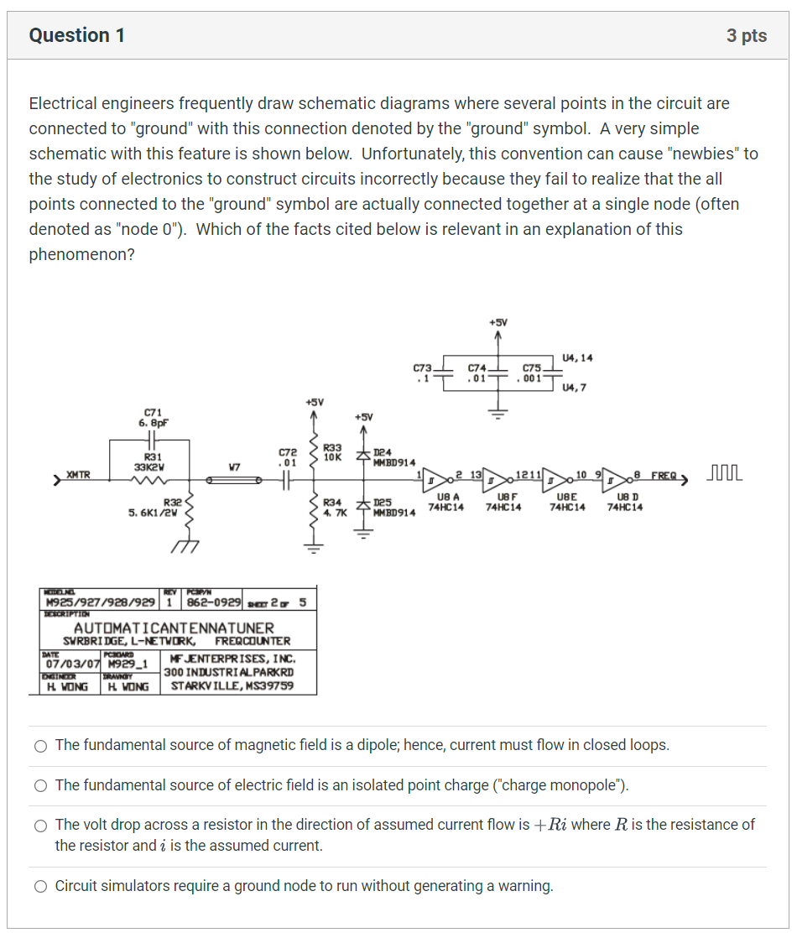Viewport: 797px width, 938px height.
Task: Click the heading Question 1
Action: (77, 35)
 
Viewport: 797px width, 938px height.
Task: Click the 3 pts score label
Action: (746, 35)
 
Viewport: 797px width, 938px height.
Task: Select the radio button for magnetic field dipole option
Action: (40, 746)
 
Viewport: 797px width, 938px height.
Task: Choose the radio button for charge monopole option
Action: (40, 786)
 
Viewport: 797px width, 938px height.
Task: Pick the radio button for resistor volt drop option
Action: (40, 826)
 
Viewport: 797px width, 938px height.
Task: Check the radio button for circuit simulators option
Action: (40, 886)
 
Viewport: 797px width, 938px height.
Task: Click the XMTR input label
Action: (78, 475)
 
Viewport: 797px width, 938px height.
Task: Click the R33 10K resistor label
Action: (333, 452)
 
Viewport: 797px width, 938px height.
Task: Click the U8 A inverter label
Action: (445, 503)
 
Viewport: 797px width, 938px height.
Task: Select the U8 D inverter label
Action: (625, 503)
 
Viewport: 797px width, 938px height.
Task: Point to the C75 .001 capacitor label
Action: (533, 373)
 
